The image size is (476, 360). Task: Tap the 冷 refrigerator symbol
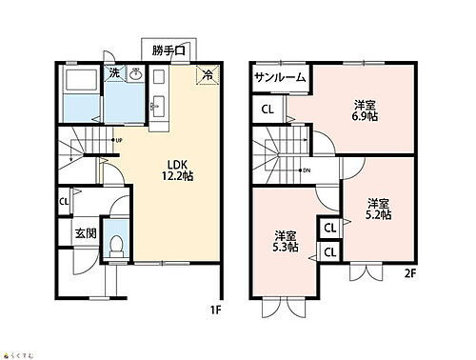click(206, 74)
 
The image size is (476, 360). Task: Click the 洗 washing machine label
click(113, 71)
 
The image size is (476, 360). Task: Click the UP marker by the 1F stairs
click(119, 142)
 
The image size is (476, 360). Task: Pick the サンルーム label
click(279, 78)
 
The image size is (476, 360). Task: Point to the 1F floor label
click(218, 310)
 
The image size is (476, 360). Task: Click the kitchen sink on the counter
click(158, 104)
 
